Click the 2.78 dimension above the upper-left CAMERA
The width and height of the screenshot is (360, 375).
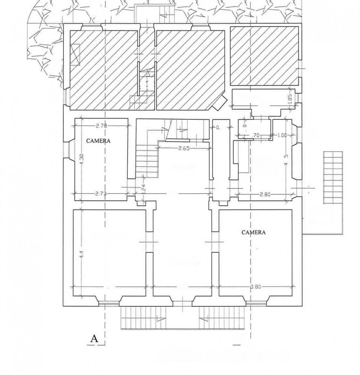pyautogui.click(x=101, y=126)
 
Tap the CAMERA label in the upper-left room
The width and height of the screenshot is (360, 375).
pyautogui.click(x=98, y=141)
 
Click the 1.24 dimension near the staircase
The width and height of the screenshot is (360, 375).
pyautogui.click(x=143, y=188)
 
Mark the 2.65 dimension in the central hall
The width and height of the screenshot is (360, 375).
pyautogui.click(x=183, y=148)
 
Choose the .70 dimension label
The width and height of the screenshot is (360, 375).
pyautogui.click(x=256, y=135)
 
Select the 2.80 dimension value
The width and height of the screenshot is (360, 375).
pyautogui.click(x=265, y=194)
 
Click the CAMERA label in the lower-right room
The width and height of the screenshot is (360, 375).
pyautogui.click(x=253, y=232)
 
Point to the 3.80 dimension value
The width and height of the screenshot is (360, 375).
pyautogui.click(x=255, y=287)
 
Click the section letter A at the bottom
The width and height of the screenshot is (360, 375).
pyautogui.click(x=94, y=339)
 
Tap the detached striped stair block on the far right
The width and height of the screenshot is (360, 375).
pyautogui.click(x=333, y=177)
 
